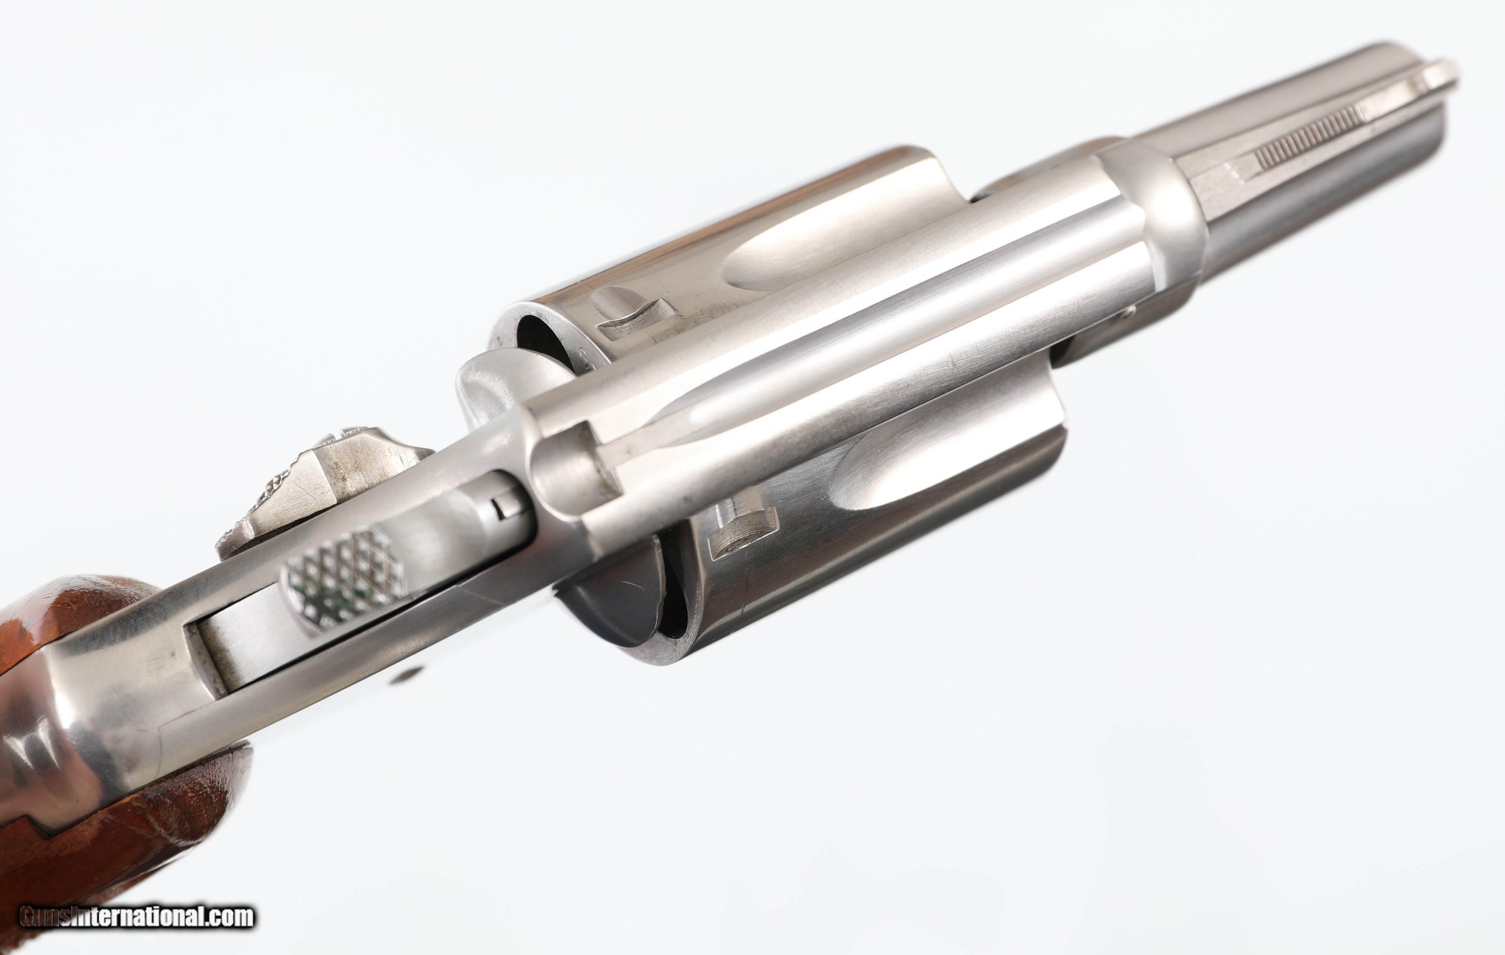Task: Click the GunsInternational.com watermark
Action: [137, 916]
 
